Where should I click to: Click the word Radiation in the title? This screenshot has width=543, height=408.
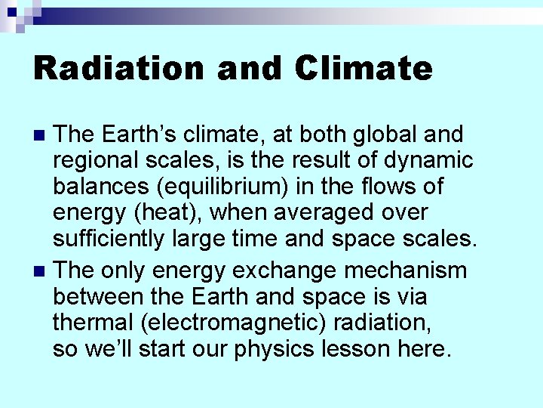[118, 68]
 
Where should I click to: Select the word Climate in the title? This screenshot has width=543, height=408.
[364, 68]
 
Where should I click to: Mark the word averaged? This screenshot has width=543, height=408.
[325, 213]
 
